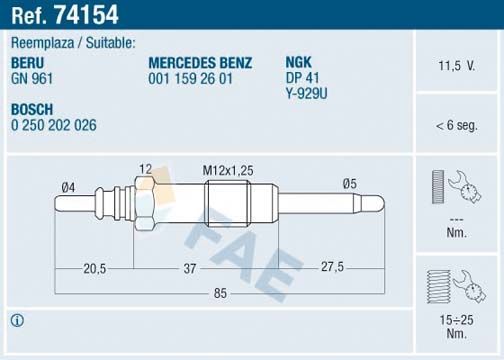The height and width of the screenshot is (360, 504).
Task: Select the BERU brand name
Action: [28, 62]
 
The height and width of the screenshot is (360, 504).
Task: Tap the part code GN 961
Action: [32, 77]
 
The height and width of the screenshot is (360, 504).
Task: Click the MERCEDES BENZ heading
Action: [199, 62]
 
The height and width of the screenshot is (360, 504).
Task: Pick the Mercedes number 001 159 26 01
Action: [190, 77]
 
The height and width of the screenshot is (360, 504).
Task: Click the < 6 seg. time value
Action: [456, 126]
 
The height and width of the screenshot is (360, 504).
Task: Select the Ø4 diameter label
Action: [68, 185]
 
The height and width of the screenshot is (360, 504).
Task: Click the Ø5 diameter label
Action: [349, 183]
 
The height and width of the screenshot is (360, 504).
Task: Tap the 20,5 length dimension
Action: [96, 268]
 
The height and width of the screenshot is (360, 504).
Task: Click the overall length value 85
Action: [220, 293]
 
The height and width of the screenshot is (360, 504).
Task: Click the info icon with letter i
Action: [16, 321]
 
